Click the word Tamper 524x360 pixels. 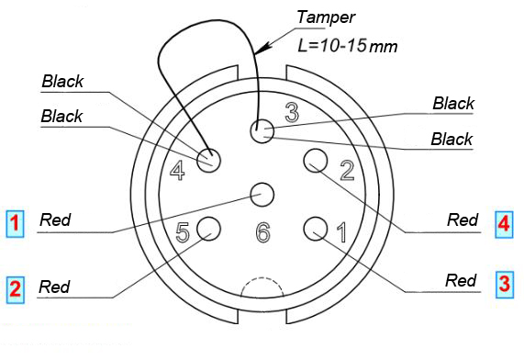pyautogui.click(x=326, y=17)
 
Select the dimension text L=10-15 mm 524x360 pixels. pyautogui.click(x=348, y=46)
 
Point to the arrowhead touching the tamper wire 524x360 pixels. pyautogui.click(x=264, y=48)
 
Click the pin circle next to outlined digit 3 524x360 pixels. pyautogui.click(x=262, y=130)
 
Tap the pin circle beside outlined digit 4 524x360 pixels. pyautogui.click(x=209, y=161)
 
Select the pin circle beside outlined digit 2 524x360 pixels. pyautogui.click(x=316, y=161)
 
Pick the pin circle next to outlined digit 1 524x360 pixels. pyautogui.click(x=316, y=228)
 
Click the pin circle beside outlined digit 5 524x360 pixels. pyautogui.click(x=209, y=228)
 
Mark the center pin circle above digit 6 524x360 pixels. pyautogui.click(x=262, y=195)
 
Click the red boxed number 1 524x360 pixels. pyautogui.click(x=15, y=224)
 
